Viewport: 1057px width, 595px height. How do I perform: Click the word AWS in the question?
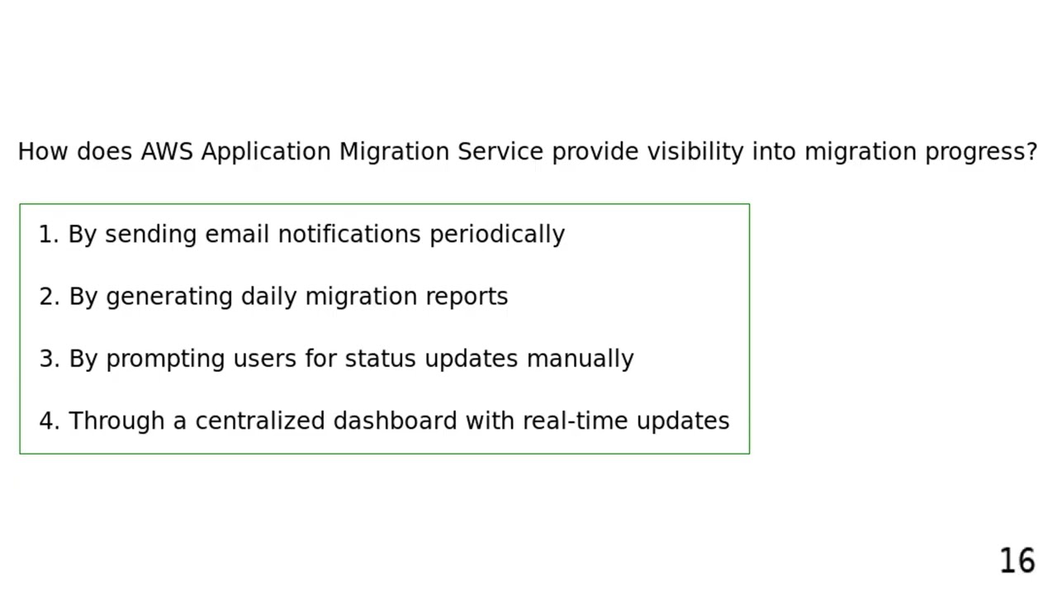click(x=166, y=152)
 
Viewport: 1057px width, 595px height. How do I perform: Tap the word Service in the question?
click(x=500, y=152)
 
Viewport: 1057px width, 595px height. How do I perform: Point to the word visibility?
click(x=694, y=152)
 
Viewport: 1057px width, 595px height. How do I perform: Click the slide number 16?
click(x=1017, y=561)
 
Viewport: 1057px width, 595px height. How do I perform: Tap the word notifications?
click(x=349, y=235)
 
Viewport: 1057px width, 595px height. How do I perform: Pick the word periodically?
click(x=497, y=235)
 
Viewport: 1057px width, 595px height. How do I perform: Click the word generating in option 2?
click(x=169, y=297)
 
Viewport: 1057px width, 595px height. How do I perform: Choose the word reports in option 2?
click(x=467, y=297)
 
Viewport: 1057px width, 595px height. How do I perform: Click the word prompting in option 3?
click(x=165, y=359)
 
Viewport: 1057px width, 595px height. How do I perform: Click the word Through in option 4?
click(x=116, y=421)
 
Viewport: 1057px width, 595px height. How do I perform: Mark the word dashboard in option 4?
click(x=396, y=421)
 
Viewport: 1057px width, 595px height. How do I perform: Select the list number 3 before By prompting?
click(x=47, y=359)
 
